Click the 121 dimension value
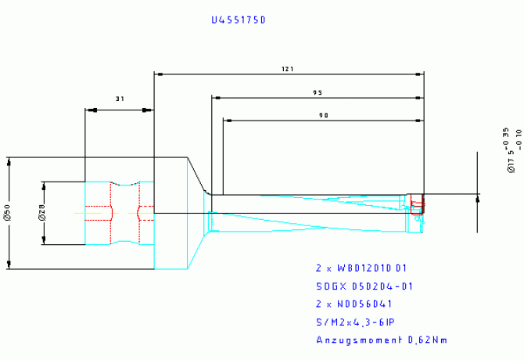pyautogui.click(x=287, y=70)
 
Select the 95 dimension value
pyautogui.click(x=318, y=93)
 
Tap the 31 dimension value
pyautogui.click(x=120, y=99)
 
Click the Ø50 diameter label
pyautogui.click(x=6, y=211)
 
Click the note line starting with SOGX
pyautogui.click(x=363, y=286)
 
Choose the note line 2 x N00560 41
pyautogui.click(x=354, y=304)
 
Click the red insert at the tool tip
pyautogui.click(x=417, y=206)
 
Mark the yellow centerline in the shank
pyautogui.click(x=90, y=213)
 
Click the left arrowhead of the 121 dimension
pyautogui.click(x=158, y=74)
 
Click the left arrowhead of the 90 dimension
pyautogui.click(x=227, y=121)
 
